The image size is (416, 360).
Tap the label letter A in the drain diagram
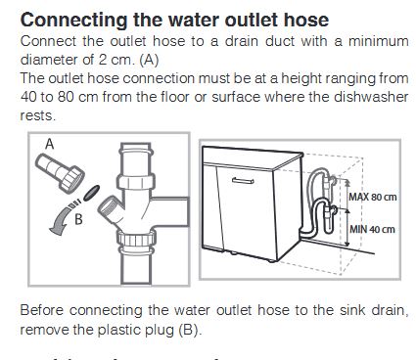click(48, 143)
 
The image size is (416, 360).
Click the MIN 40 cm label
click(373, 230)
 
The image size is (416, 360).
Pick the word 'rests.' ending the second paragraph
click(38, 114)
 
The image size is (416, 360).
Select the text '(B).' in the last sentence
click(189, 330)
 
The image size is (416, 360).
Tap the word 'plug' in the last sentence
click(155, 330)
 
